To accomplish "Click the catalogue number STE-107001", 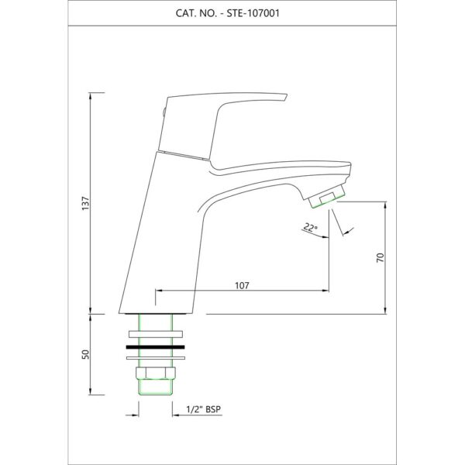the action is (253, 13).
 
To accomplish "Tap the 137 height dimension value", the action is (85, 203).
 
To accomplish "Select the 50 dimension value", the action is (85, 354).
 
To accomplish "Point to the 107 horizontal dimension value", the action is (242, 285).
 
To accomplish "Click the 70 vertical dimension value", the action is (381, 257).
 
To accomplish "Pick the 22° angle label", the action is (310, 228).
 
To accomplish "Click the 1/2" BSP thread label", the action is (203, 409).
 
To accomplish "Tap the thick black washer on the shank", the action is (156, 346).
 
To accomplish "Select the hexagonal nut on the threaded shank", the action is (156, 373).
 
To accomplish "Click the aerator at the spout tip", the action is (327, 196).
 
